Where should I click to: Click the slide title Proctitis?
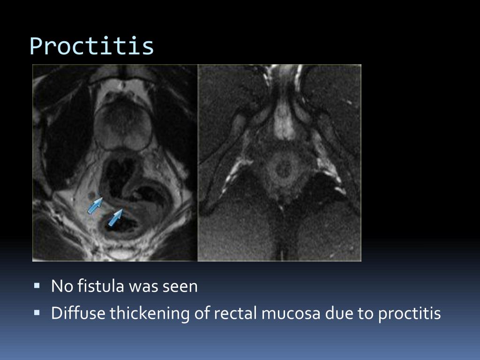click(x=92, y=46)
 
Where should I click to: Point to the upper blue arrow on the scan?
click(x=95, y=205)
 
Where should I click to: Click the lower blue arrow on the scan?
click(x=115, y=217)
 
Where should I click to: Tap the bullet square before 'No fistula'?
click(x=37, y=285)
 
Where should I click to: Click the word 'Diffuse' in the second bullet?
click(x=78, y=313)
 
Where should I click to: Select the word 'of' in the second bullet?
click(x=203, y=313)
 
